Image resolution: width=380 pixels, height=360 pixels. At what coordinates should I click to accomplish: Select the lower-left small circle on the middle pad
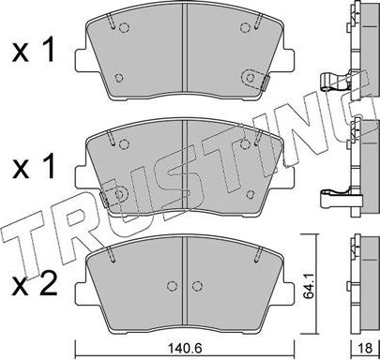tap(117, 191)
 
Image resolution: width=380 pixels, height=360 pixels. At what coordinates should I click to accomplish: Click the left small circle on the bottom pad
tap(169, 288)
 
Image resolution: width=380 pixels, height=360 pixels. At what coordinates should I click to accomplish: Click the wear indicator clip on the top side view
tap(333, 82)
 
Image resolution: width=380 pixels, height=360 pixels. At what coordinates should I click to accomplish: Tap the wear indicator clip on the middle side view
tap(333, 198)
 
